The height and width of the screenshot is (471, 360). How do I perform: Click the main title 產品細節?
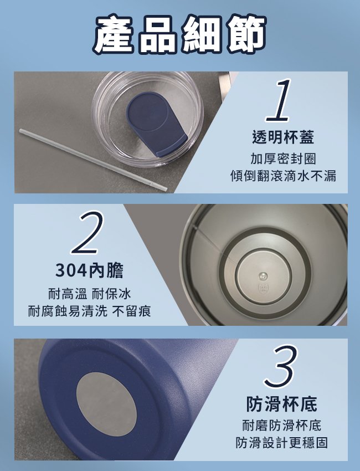(179, 34)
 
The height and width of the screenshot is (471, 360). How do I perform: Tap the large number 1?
(279, 100)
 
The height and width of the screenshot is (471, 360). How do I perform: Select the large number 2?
(87, 233)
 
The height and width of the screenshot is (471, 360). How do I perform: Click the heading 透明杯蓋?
(283, 137)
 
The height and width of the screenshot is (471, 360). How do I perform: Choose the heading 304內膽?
(89, 270)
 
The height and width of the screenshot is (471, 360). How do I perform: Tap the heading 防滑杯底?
(282, 404)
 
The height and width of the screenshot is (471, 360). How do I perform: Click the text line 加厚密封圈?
(283, 159)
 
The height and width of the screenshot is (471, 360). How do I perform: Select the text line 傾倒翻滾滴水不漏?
(283, 176)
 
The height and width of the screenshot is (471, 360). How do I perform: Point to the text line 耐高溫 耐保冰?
(90, 294)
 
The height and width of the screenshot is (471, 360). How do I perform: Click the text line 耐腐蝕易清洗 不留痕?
(90, 311)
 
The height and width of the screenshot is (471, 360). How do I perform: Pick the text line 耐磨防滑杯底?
(282, 426)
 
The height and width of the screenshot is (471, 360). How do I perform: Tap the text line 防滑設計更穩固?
(282, 443)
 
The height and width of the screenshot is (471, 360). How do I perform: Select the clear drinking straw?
(93, 160)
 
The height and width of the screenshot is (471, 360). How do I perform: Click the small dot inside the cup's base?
(263, 275)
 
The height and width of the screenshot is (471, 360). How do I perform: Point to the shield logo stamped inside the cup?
(263, 288)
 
